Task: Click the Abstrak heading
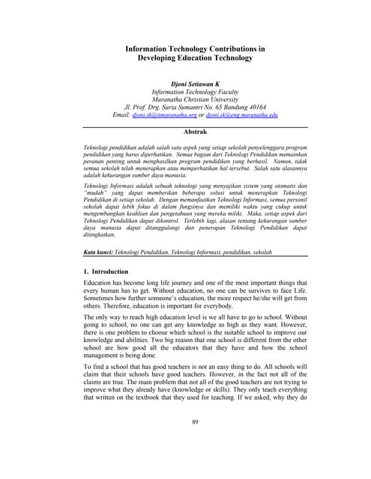tap(195, 131)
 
